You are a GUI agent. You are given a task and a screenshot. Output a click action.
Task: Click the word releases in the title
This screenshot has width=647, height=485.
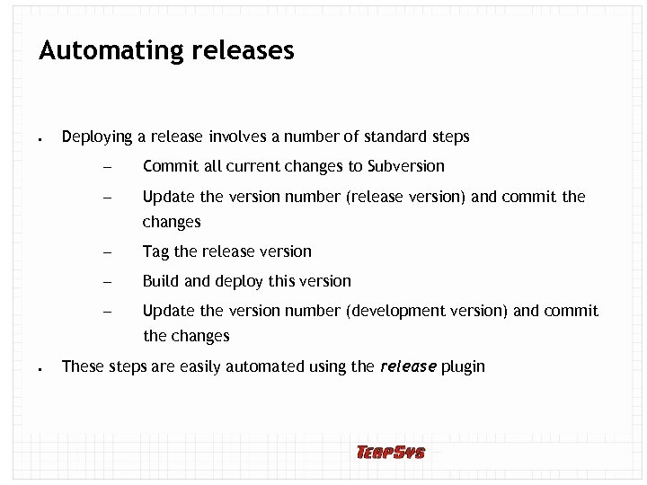pyautogui.click(x=243, y=51)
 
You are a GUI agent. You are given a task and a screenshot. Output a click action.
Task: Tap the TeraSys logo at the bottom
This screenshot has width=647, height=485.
pyautogui.click(x=390, y=452)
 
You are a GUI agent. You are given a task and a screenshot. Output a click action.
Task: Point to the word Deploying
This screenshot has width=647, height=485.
pyautogui.click(x=97, y=137)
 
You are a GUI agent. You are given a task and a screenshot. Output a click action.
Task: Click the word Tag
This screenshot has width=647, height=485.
pyautogui.click(x=155, y=252)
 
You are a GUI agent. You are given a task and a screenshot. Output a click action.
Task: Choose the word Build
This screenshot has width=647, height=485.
pyautogui.click(x=161, y=281)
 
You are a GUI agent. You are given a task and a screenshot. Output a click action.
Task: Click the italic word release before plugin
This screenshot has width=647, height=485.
pyautogui.click(x=409, y=366)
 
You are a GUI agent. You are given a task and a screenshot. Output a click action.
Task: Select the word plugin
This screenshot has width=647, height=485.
pyautogui.click(x=463, y=366)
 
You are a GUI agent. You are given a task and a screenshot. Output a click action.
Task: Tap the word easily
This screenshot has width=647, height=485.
pyautogui.click(x=199, y=366)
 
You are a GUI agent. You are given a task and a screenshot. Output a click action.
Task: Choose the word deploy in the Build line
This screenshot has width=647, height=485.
pyautogui.click(x=239, y=282)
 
